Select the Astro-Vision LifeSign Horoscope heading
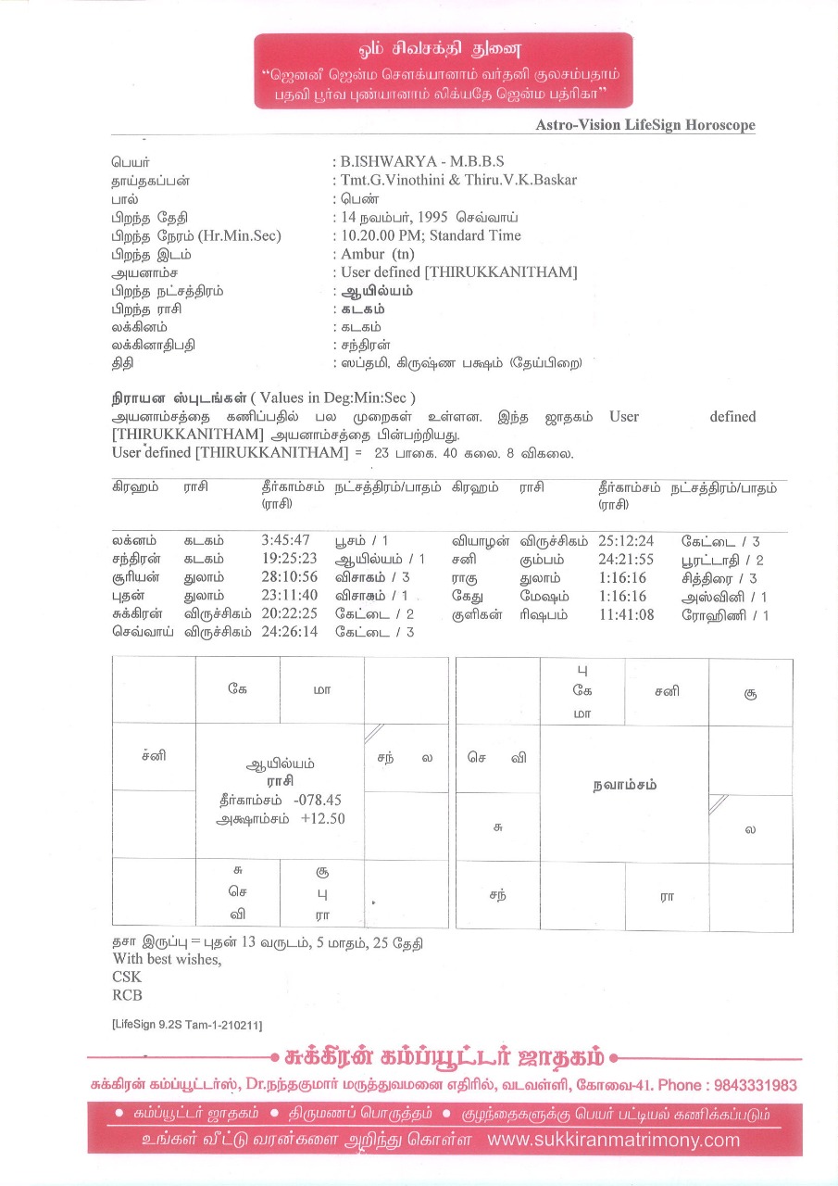(x=645, y=125)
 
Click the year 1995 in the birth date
(x=433, y=217)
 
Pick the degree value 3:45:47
(x=286, y=541)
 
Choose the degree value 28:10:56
(x=290, y=577)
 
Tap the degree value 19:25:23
(x=290, y=560)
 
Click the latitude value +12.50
(x=322, y=819)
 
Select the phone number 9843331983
(x=756, y=1085)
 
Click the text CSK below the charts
(x=127, y=977)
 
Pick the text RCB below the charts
(x=127, y=995)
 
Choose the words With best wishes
(x=167, y=959)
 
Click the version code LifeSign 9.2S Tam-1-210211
(x=186, y=1025)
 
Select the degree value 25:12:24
(x=626, y=541)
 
